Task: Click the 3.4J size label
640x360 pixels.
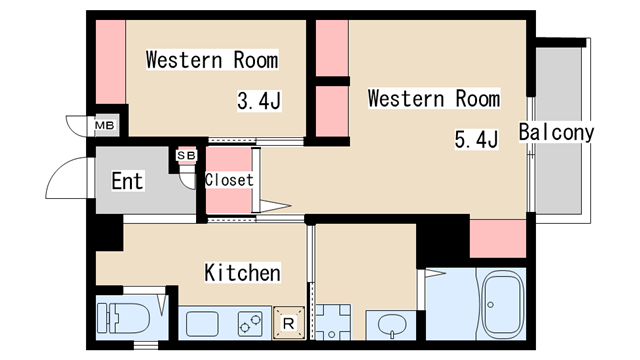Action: pyautogui.click(x=259, y=101)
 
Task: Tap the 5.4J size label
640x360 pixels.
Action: pyautogui.click(x=476, y=139)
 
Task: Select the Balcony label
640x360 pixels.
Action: pyautogui.click(x=556, y=132)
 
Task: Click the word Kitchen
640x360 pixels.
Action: pyautogui.click(x=242, y=273)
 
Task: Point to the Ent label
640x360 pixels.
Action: pyautogui.click(x=127, y=181)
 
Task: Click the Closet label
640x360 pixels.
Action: pyautogui.click(x=229, y=180)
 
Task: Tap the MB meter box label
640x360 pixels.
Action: pyautogui.click(x=104, y=125)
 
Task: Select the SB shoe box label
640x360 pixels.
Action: pyautogui.click(x=186, y=156)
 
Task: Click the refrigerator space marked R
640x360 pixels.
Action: pyautogui.click(x=289, y=323)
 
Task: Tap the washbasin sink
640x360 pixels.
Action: pyautogui.click(x=392, y=325)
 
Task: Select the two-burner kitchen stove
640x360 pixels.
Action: pyautogui.click(x=250, y=323)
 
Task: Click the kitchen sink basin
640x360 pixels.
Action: pyautogui.click(x=202, y=324)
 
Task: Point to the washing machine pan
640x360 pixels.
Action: pyautogui.click(x=333, y=322)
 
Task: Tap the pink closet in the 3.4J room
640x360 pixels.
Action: pyautogui.click(x=110, y=62)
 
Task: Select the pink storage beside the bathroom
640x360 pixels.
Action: pyautogui.click(x=498, y=239)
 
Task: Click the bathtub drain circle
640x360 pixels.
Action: pyautogui.click(x=491, y=304)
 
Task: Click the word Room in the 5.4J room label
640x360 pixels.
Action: pyautogui.click(x=478, y=99)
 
